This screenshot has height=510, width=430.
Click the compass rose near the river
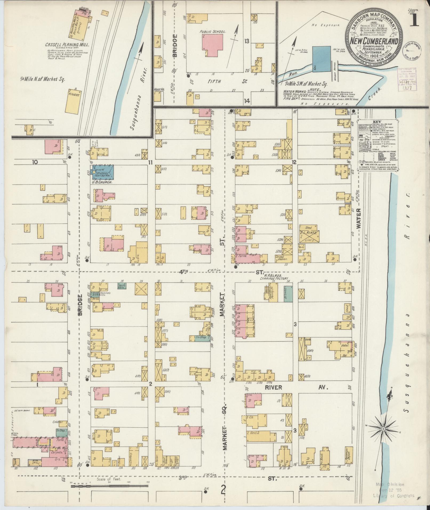383,429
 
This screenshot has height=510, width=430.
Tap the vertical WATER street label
359,218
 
